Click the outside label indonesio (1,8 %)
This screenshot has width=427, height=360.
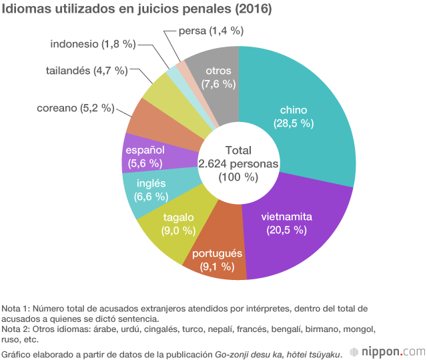click(93, 44)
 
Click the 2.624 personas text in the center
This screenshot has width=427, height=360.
click(238, 163)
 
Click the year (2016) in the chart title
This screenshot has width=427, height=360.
click(253, 9)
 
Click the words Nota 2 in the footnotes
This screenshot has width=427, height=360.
click(15, 329)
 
